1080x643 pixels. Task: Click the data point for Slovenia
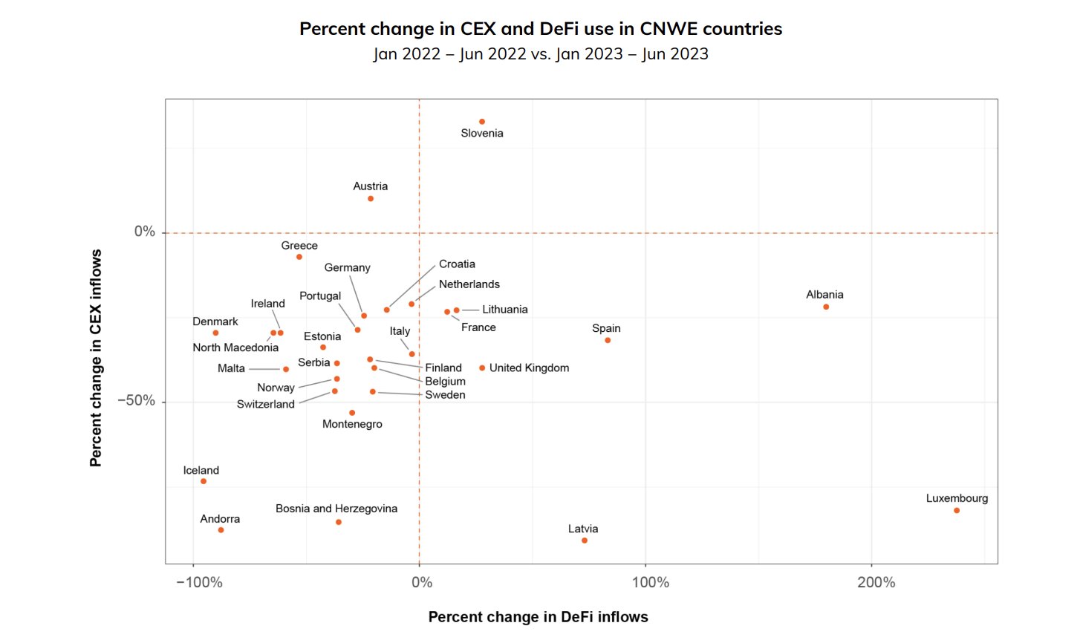482,122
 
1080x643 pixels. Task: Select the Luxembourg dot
957,511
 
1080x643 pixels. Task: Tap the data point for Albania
826,307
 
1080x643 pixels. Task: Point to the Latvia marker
585,541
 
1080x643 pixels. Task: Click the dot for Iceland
204,482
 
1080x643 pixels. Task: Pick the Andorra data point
221,530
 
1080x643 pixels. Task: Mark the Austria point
371,199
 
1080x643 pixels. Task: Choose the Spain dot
608,341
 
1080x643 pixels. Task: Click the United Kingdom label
529,368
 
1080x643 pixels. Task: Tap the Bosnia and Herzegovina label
336,509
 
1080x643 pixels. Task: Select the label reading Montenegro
352,425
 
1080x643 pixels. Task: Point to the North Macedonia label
235,347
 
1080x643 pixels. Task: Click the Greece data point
299,257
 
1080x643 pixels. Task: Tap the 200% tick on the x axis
876,583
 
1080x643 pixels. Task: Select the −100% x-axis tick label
199,583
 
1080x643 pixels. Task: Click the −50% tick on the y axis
136,401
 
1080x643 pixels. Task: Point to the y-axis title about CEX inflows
96,358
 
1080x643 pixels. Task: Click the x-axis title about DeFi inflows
538,617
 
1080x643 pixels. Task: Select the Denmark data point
215,333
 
